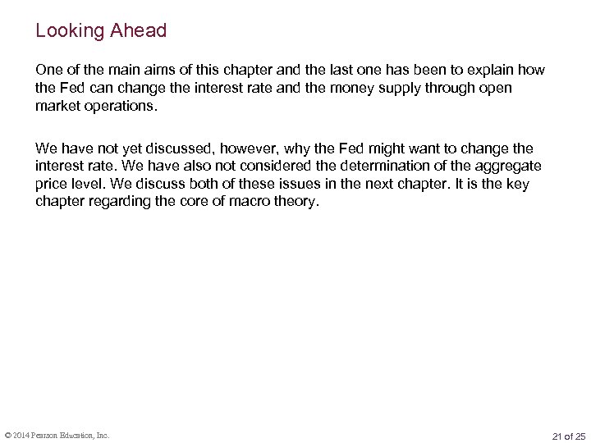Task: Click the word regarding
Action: tap(126, 201)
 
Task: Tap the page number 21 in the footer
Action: tap(558, 435)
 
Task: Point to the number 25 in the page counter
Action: tap(580, 435)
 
